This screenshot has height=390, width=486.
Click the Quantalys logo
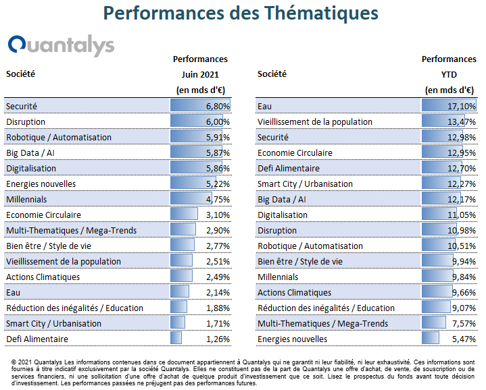point(61,45)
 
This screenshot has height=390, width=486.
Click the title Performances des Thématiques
point(241,13)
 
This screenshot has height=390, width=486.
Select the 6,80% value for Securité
point(218,107)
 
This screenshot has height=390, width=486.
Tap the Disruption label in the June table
point(26,122)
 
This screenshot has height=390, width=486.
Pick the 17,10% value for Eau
point(462,107)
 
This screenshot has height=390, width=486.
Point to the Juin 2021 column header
point(200,74)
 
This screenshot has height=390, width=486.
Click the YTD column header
point(449,74)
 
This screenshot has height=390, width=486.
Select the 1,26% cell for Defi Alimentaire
point(218,339)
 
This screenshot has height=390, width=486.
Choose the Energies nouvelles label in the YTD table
point(292,339)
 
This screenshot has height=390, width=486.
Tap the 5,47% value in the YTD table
point(464,339)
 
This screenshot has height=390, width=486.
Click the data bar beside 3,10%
point(184,214)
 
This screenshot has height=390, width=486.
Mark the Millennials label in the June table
point(26,200)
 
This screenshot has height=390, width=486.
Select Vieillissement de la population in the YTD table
point(315,122)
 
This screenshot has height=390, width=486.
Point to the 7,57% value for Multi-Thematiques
point(464,323)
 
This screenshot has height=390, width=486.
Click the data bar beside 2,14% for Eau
point(179,291)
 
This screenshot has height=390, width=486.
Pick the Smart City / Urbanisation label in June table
point(53,323)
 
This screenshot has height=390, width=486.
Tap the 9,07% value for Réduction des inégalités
point(464,308)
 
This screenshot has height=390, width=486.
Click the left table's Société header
point(20,74)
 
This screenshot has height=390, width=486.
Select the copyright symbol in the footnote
point(14,362)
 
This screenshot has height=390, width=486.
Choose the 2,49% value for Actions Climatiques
point(218,277)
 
